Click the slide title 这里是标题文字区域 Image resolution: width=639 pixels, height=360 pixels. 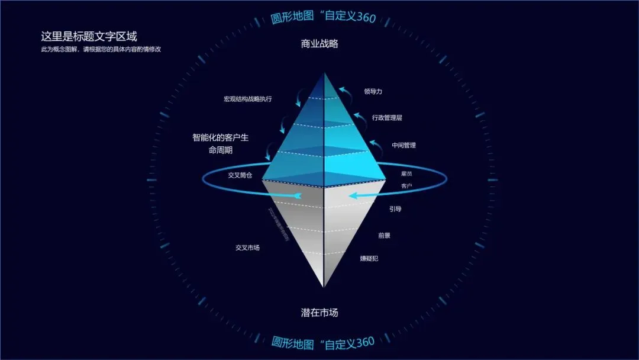tap(89, 36)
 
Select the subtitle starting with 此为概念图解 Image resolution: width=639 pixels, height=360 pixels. tap(101, 49)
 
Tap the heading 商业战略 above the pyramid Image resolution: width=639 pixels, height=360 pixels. tap(319, 44)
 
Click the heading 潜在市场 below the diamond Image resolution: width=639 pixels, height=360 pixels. tap(319, 312)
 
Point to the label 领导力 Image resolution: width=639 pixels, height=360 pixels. tap(373, 92)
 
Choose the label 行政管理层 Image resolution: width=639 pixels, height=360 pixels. tap(387, 118)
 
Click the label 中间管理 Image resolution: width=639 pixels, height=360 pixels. tap(404, 145)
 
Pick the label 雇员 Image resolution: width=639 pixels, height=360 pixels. tap(406, 173)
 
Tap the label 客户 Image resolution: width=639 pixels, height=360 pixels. tap(406, 187)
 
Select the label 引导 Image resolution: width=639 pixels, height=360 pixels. tap(395, 209)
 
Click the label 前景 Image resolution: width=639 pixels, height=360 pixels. tap(384, 235)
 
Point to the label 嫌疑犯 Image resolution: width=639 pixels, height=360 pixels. tap(370, 259)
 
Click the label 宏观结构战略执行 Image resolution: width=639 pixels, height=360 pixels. tap(248, 99)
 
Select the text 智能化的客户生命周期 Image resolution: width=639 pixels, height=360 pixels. tap(220, 144)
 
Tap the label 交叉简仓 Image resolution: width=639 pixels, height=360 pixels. tap(240, 175)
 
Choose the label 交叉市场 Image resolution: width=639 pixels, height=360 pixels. tap(247, 247)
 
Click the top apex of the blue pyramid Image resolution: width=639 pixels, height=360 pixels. tap(324, 73)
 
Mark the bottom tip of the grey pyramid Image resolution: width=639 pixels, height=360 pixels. tap(324, 287)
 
